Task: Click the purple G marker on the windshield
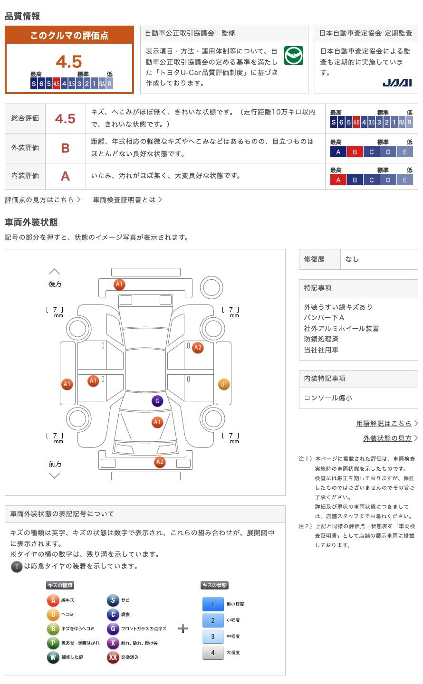click(157, 401)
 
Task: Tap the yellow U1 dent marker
click(223, 384)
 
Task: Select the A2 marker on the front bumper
click(160, 462)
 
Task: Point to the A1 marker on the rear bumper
click(119, 285)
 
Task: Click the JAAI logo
click(397, 83)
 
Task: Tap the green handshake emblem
click(294, 56)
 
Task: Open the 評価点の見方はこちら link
click(40, 200)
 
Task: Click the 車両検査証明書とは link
click(125, 200)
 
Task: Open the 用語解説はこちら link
click(384, 423)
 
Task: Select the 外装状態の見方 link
click(387, 438)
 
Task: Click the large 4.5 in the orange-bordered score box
click(69, 62)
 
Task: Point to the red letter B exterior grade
click(65, 148)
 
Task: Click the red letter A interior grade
click(65, 176)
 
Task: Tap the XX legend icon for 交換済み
click(113, 657)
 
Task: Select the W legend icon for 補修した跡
click(53, 657)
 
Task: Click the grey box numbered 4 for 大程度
click(212, 653)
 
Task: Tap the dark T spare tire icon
click(17, 566)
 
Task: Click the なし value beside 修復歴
click(352, 259)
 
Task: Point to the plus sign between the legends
click(183, 628)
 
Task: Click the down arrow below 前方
click(55, 475)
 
